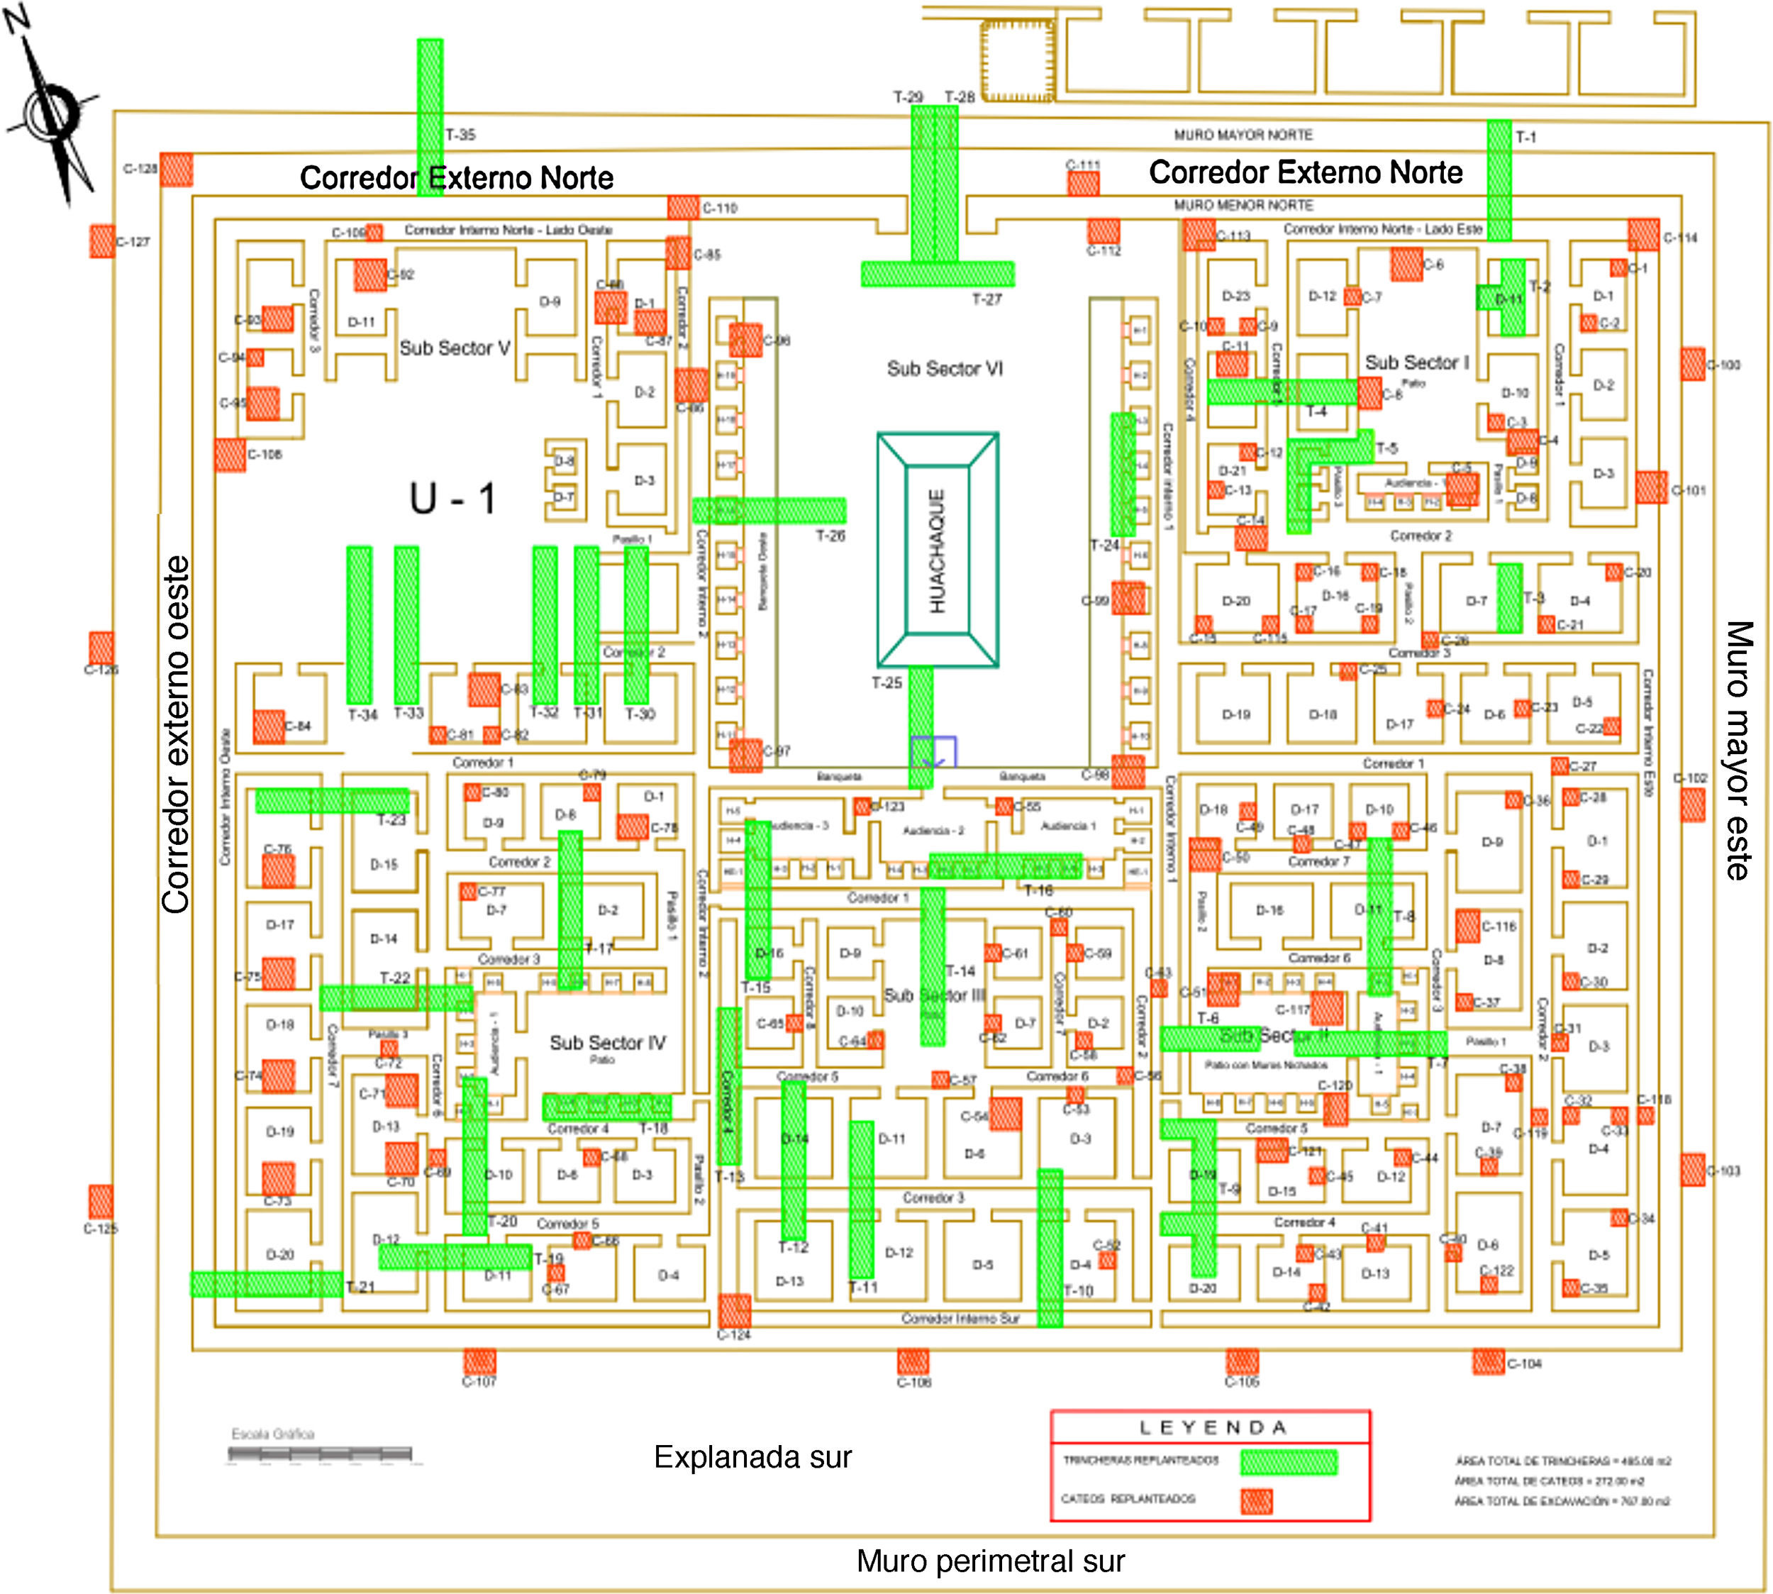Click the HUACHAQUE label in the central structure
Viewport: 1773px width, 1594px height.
point(937,550)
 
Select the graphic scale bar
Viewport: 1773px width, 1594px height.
point(320,1455)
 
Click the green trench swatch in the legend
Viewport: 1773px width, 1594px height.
point(1289,1462)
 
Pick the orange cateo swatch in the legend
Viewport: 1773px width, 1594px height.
point(1257,1501)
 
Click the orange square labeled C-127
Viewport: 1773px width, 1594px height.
point(101,241)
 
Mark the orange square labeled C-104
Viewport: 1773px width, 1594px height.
point(1488,1362)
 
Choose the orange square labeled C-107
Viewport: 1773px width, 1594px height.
point(479,1362)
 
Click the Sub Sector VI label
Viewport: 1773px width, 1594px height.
point(945,369)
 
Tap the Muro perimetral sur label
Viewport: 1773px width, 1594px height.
point(990,1561)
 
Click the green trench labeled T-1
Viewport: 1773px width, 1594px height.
point(1499,179)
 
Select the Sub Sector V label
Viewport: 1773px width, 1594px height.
point(455,348)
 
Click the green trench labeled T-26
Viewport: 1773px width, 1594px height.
point(769,511)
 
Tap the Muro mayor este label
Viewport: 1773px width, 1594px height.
point(1739,750)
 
